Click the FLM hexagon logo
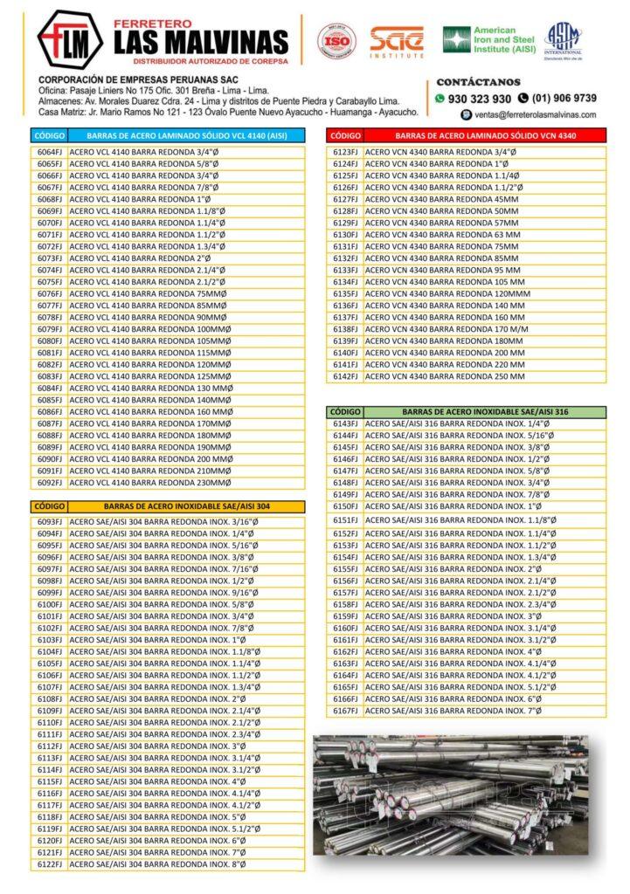69,39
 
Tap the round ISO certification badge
336,41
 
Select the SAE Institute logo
397,41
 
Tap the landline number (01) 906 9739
563,99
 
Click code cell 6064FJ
50,152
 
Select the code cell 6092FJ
50,482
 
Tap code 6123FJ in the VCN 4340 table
346,152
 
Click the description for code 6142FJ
446,376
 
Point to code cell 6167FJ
346,711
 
